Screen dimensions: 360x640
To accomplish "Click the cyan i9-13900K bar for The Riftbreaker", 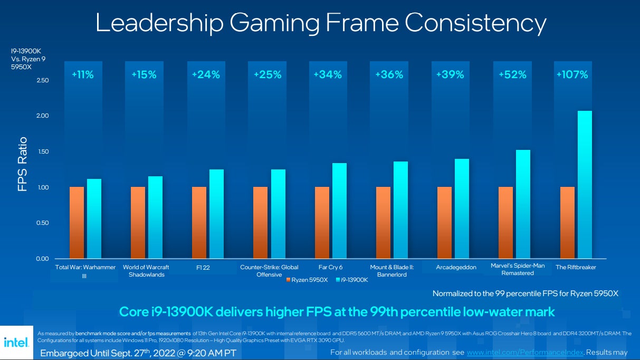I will [x=585, y=185].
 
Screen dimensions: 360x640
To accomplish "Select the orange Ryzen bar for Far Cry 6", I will [x=322, y=222].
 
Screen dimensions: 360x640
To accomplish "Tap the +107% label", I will [x=572, y=75].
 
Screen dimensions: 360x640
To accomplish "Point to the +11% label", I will [x=83, y=75].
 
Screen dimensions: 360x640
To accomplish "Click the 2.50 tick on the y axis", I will [x=42, y=80].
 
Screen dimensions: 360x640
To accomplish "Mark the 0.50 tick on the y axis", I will [x=42, y=223].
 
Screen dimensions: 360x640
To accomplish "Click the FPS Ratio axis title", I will [x=23, y=164].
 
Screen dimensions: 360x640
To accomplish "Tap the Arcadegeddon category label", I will [x=456, y=267].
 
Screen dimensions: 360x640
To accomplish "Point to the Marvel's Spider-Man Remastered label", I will [x=518, y=269].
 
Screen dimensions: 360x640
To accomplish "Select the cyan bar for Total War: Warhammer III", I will [x=94, y=219].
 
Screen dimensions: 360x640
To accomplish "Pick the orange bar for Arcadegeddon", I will [x=444, y=222].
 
